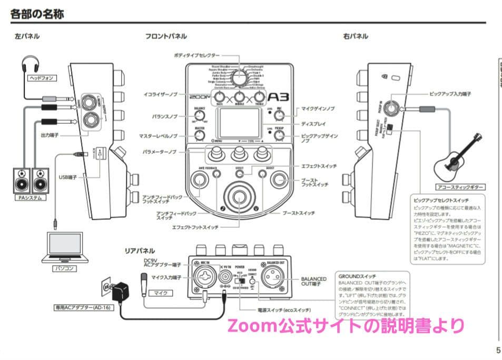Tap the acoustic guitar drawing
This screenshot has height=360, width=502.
[x=457, y=155]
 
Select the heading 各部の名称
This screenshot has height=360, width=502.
[x=37, y=14]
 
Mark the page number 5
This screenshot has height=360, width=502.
[x=498, y=349]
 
